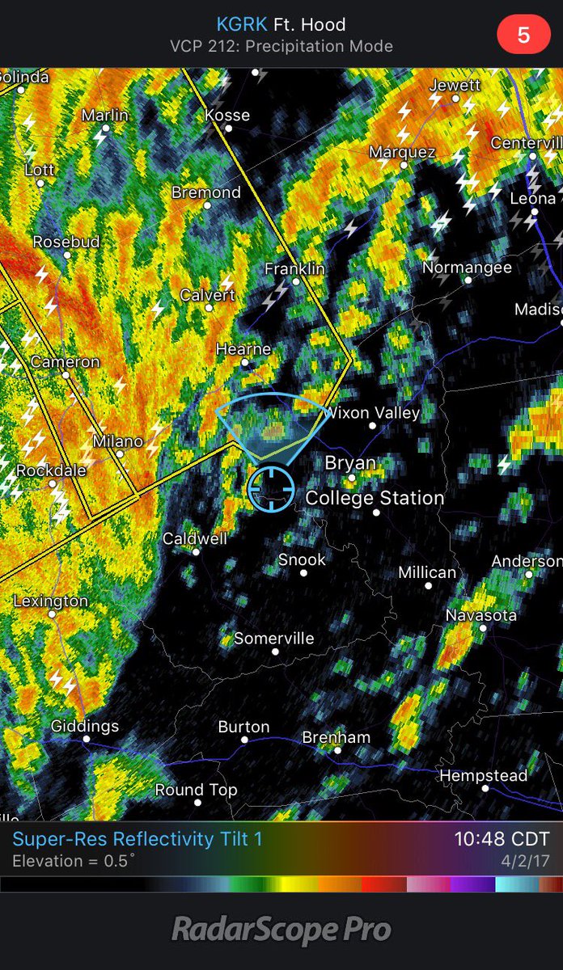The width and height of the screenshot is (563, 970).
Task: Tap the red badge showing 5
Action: pyautogui.click(x=523, y=36)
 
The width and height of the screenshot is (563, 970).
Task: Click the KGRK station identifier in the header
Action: pyautogui.click(x=242, y=25)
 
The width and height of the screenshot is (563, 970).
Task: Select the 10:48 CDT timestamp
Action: pyautogui.click(x=502, y=839)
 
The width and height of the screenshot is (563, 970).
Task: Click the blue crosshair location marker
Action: pyautogui.click(x=270, y=488)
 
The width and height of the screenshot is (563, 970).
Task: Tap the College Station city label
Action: pyautogui.click(x=375, y=498)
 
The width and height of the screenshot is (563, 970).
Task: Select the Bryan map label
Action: pyautogui.click(x=350, y=463)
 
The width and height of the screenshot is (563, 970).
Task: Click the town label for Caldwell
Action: pyautogui.click(x=195, y=538)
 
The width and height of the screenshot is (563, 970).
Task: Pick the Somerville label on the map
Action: pyautogui.click(x=273, y=639)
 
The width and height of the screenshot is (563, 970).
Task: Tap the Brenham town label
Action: pyautogui.click(x=336, y=737)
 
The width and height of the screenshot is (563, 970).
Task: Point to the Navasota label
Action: pyautogui.click(x=480, y=616)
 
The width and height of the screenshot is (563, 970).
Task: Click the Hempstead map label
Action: pyautogui.click(x=483, y=776)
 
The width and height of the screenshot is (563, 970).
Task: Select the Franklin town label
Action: pyautogui.click(x=294, y=268)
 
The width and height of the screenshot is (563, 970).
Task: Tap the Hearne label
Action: pyautogui.click(x=243, y=350)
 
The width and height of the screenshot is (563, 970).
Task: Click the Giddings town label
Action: pyautogui.click(x=85, y=726)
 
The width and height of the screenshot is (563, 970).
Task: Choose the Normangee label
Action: pyautogui.click(x=468, y=268)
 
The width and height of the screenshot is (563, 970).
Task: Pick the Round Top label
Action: pyautogui.click(x=196, y=790)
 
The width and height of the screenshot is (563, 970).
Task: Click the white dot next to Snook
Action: pyautogui.click(x=303, y=573)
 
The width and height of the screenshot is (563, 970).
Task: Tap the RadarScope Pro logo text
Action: pyautogui.click(x=281, y=930)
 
